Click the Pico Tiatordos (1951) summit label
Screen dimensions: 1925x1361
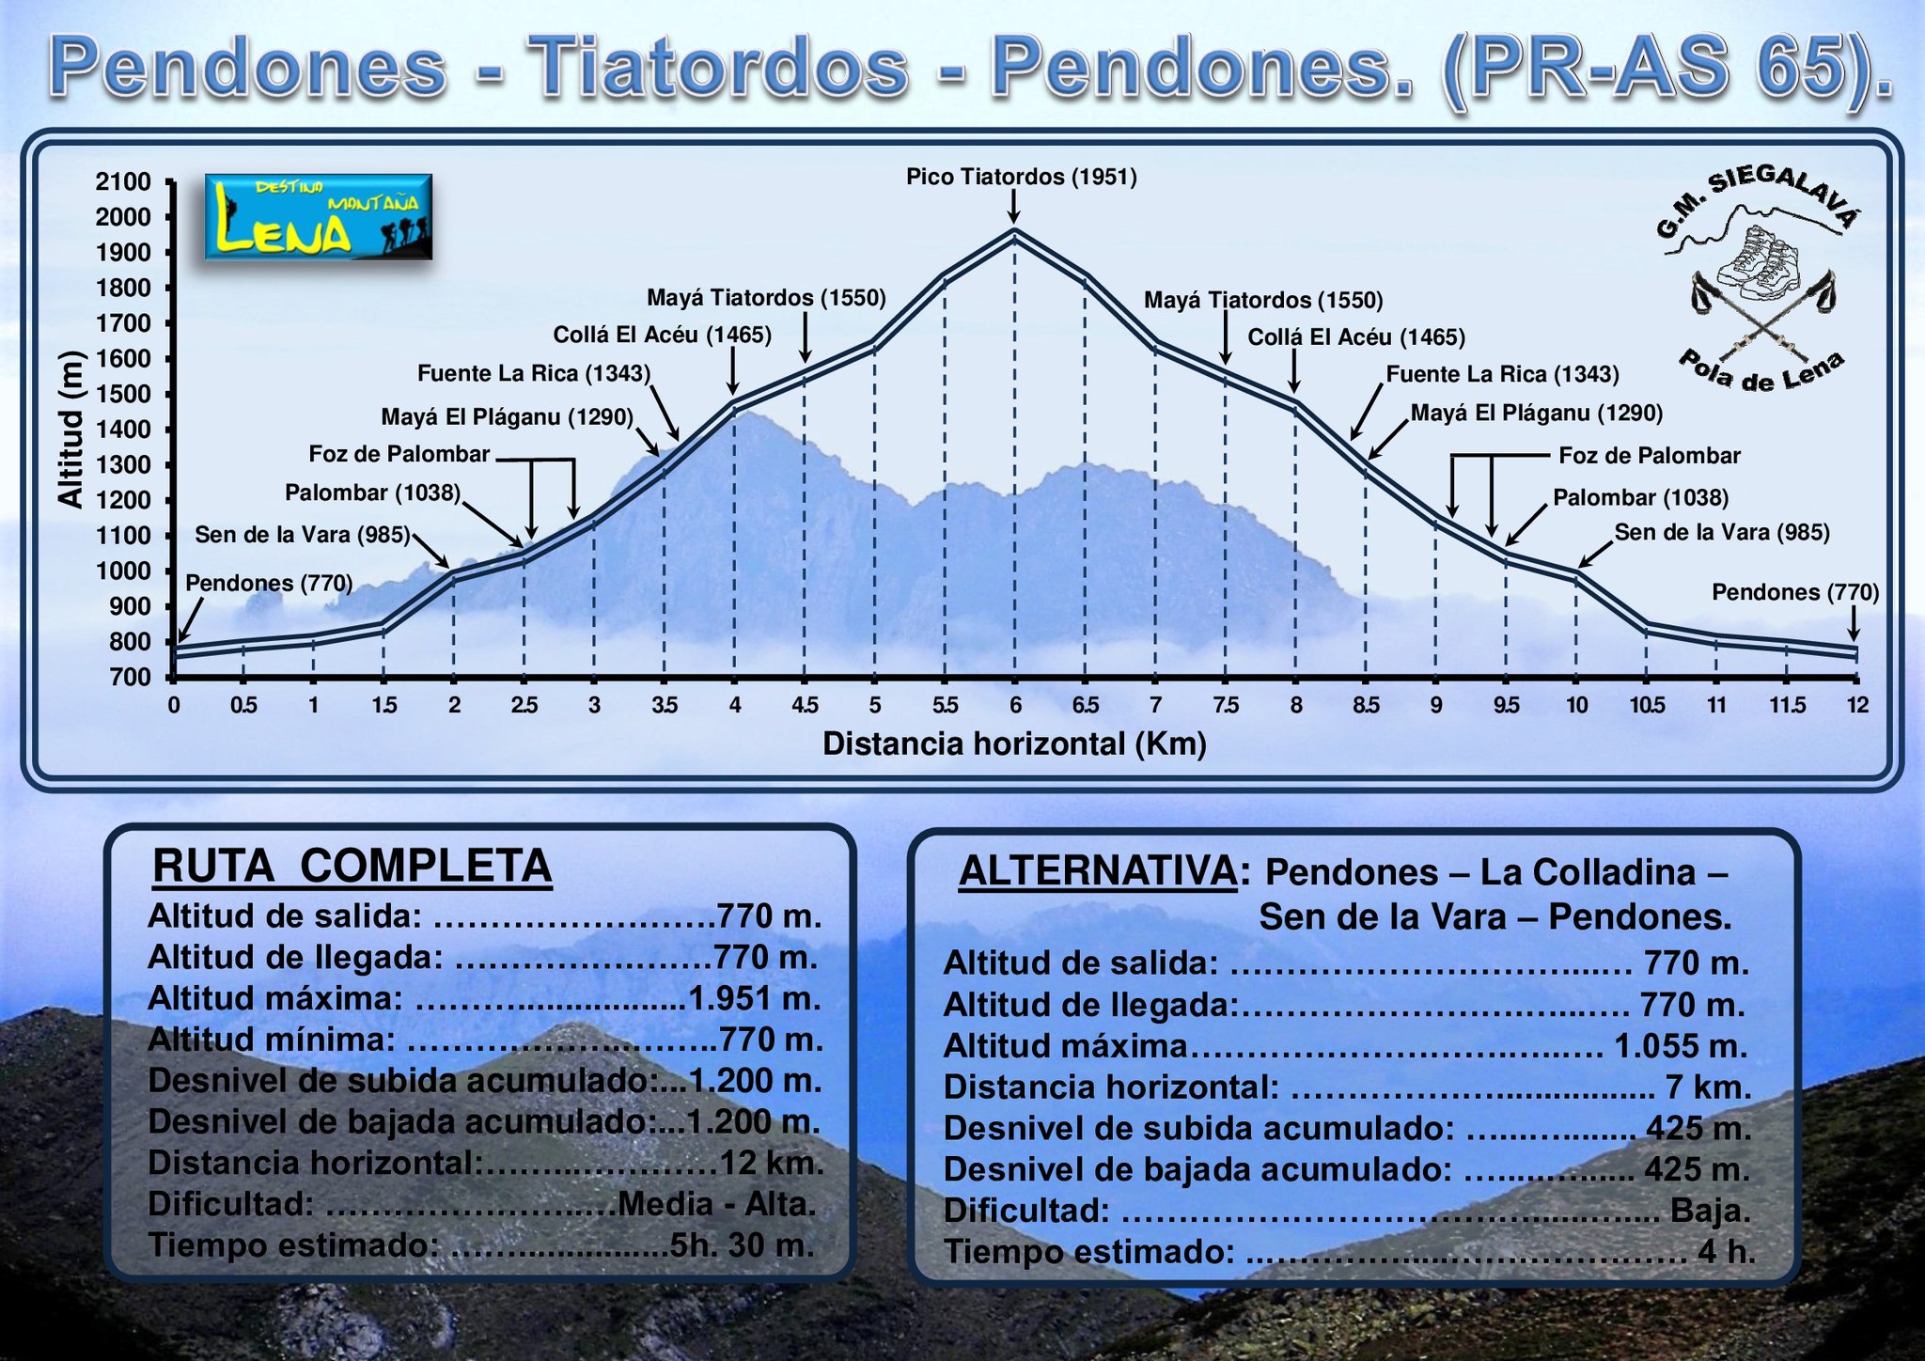[1021, 177]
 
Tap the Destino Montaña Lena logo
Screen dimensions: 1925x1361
[319, 216]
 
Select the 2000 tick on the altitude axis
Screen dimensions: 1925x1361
[124, 217]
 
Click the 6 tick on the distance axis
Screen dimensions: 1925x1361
[1015, 705]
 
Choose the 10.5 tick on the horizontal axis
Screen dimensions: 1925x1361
[1647, 705]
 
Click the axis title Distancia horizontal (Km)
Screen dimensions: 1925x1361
[1014, 743]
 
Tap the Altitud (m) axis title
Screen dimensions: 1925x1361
[70, 429]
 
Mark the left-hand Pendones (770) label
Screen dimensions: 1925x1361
[269, 583]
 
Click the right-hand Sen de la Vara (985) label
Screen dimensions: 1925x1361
[1722, 532]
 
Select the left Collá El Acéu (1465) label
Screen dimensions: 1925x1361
[662, 335]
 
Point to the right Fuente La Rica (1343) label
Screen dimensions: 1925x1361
[1502, 374]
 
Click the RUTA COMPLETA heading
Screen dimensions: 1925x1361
[352, 866]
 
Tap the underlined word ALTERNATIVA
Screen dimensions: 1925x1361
[1098, 871]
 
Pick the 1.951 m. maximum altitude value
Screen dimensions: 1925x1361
[755, 997]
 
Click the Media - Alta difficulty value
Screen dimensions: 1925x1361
[717, 1203]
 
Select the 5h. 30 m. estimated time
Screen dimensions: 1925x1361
[742, 1244]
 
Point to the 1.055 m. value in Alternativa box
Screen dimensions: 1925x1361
[1681, 1045]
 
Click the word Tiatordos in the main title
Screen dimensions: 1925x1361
[717, 67]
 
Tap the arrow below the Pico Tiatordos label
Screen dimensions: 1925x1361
[1013, 206]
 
